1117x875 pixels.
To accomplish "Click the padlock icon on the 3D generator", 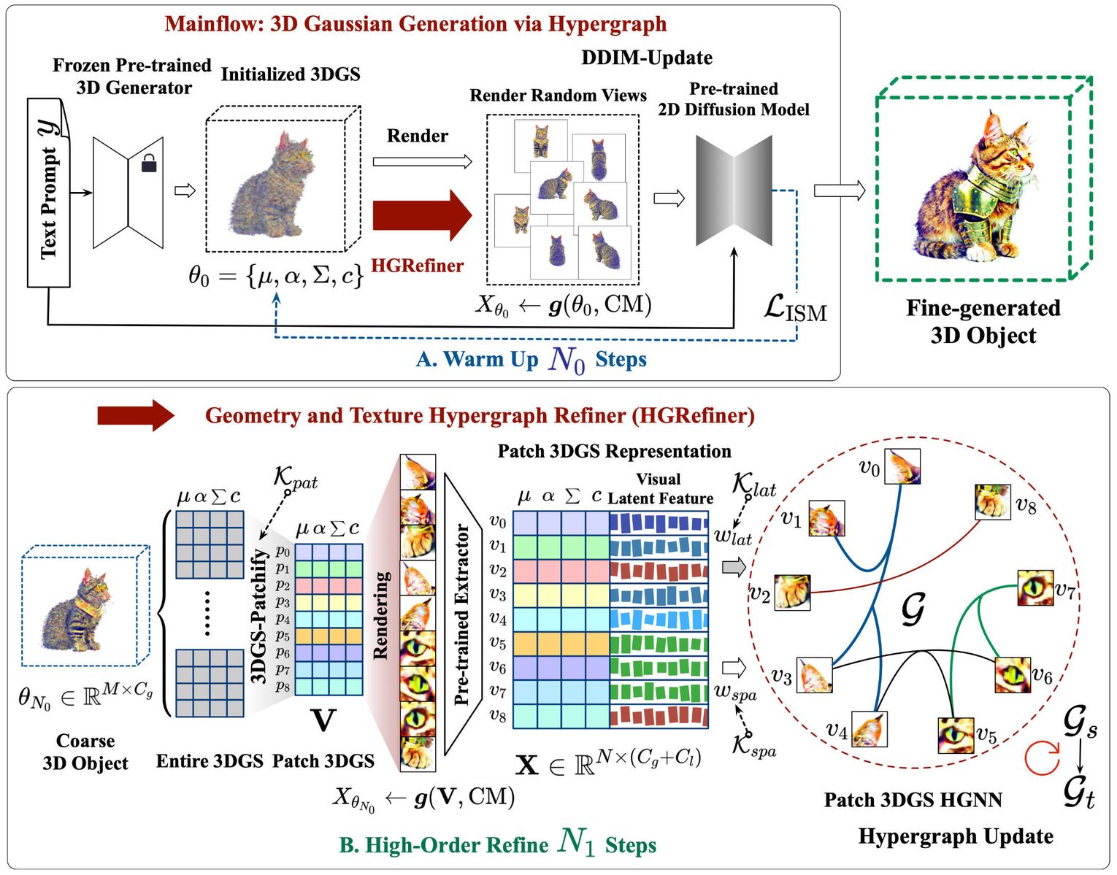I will (x=149, y=163).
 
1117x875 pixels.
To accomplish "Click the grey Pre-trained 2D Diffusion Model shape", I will (x=734, y=190).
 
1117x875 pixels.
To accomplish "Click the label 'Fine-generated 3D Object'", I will (x=983, y=321).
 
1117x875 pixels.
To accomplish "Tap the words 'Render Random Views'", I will (x=558, y=96).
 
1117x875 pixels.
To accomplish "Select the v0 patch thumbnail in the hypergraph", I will (x=902, y=466).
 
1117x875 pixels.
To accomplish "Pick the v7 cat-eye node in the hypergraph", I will (x=1035, y=588).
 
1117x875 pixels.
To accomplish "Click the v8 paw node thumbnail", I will (x=992, y=502).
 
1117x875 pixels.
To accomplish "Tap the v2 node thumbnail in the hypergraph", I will (x=791, y=592).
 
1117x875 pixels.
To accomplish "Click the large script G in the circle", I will (x=913, y=609).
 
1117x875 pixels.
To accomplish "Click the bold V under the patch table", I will (x=323, y=721).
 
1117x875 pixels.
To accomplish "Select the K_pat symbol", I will (x=295, y=478).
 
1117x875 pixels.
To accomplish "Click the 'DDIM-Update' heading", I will (x=646, y=58).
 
